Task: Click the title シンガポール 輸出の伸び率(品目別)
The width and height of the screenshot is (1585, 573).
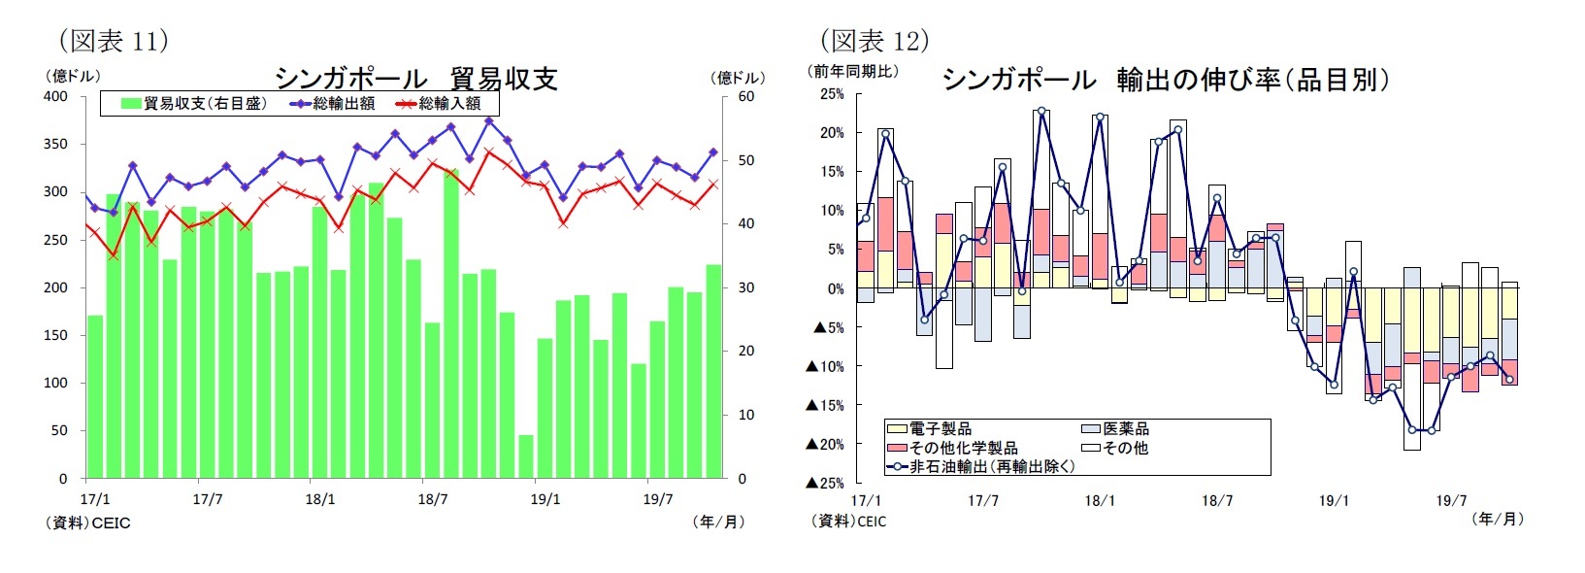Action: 1165,80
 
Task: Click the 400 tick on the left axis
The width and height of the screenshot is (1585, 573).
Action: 55,96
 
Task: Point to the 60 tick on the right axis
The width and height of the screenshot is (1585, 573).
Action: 745,96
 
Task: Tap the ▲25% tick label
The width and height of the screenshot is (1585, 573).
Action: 825,483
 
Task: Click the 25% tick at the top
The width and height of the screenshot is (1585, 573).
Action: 832,94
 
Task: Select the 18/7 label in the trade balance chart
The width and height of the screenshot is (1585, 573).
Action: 432,499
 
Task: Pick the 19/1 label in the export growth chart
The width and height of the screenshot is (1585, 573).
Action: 1334,500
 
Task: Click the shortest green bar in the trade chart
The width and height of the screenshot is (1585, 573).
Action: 526,456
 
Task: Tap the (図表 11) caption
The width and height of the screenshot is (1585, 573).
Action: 114,41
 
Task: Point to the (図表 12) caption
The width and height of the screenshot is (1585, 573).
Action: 875,41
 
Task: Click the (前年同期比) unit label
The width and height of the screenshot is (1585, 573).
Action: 853,72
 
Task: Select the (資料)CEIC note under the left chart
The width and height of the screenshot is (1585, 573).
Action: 87,522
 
